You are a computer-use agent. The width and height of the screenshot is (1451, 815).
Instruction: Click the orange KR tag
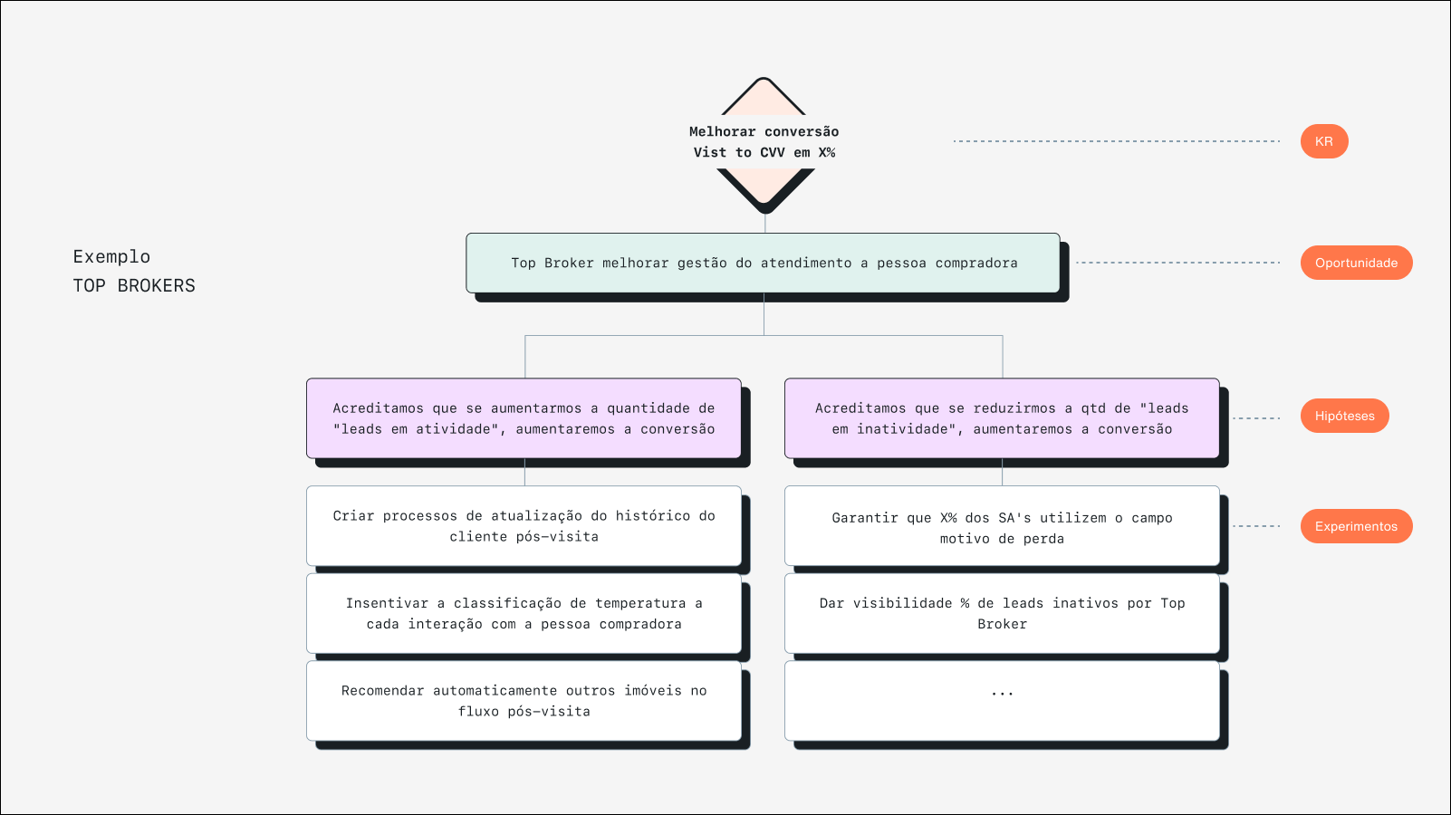coord(1323,141)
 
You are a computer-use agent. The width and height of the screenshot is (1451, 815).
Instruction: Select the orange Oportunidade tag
coord(1356,263)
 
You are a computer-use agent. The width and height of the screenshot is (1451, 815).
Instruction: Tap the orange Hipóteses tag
coord(1344,416)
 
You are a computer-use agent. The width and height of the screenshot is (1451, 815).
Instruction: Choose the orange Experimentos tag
coord(1356,526)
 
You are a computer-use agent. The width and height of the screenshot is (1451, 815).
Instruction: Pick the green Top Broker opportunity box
coord(763,263)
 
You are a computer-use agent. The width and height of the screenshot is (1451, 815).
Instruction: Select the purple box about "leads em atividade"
coord(524,418)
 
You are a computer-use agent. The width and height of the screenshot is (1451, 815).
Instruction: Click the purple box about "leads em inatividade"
coord(1002,418)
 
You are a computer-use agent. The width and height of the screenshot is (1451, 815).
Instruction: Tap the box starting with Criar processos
coord(524,526)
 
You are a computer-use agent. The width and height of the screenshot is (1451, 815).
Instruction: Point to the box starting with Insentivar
coord(524,613)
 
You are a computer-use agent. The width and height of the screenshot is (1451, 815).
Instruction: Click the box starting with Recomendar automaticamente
coord(524,701)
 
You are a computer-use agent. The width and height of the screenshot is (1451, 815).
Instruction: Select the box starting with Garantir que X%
coord(1002,527)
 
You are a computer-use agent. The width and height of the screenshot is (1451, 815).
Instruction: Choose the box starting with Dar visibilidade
coord(1002,613)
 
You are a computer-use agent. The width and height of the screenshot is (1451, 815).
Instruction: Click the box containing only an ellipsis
coord(1002,700)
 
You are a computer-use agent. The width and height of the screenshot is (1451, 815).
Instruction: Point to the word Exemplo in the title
coord(111,257)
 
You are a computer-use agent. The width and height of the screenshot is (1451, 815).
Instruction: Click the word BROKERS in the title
coord(156,286)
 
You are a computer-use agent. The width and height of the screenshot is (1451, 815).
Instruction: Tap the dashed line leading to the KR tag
coord(1116,141)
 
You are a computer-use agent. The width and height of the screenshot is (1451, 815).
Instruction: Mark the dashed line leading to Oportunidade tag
coord(1177,263)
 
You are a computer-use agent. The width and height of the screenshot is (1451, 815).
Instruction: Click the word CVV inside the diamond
coord(773,153)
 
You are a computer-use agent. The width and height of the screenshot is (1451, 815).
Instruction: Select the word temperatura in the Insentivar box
coord(640,603)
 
